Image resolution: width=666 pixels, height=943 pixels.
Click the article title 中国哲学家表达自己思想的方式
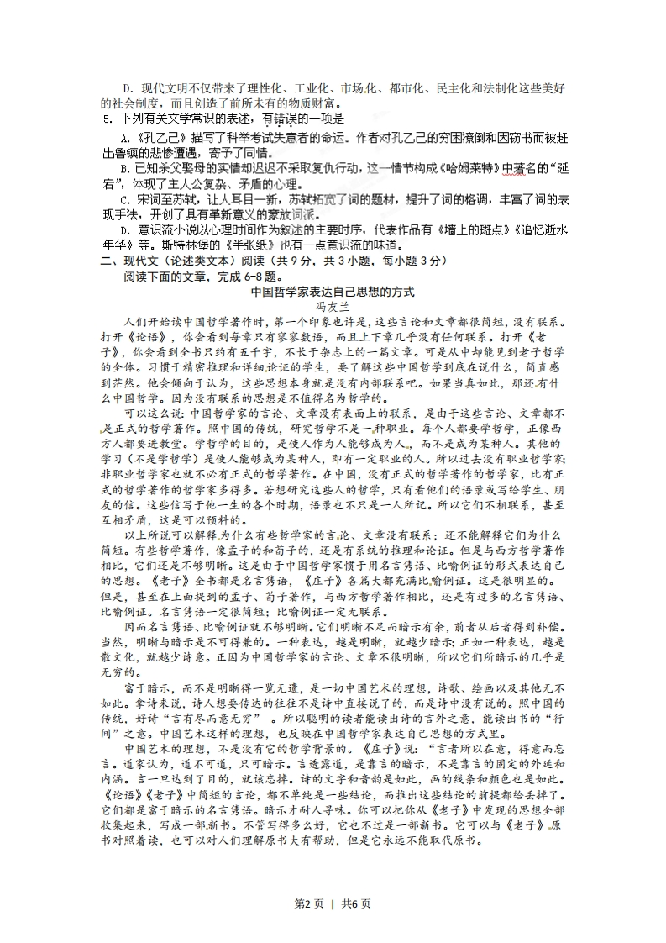(333, 292)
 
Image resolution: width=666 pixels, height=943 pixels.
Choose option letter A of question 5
(124, 138)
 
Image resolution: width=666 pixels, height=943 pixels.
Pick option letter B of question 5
(124, 169)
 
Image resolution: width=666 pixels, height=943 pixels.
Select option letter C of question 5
(125, 200)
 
